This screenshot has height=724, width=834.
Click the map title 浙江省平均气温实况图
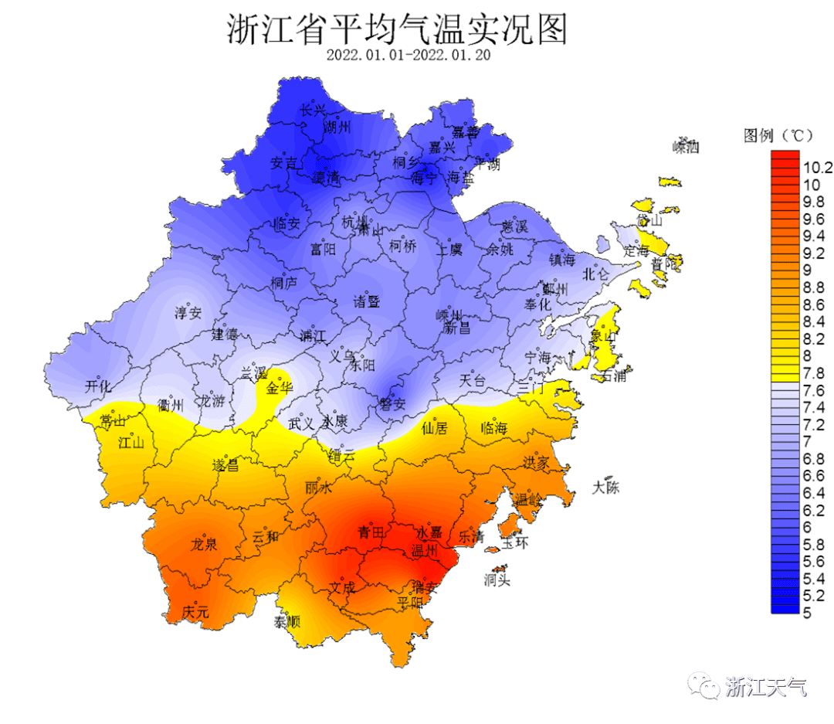tap(397, 31)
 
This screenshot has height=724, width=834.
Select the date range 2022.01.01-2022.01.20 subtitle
tap(409, 56)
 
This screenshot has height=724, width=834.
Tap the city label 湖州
tap(337, 126)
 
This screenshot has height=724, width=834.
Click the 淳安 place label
tap(188, 313)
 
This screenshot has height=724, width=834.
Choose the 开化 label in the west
tap(98, 386)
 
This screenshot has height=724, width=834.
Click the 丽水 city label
tap(318, 488)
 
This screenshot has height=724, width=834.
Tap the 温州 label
tap(425, 551)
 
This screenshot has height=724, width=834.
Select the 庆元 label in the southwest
tap(195, 611)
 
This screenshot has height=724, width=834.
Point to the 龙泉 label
tap(204, 544)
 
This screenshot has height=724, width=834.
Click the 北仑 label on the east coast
tap(595, 273)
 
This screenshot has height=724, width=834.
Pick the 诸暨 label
tap(368, 301)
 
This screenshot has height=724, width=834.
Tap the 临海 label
tap(494, 428)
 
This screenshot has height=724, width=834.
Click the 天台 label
tap(473, 380)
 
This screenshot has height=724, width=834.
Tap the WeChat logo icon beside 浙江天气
tap(704, 684)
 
